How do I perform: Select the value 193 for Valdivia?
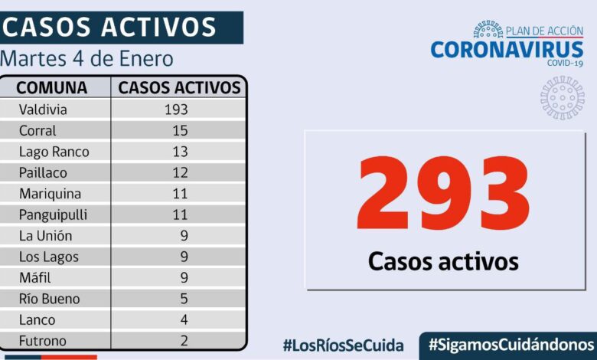pos(176,110)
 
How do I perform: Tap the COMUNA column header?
pos(52,87)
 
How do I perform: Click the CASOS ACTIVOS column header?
pos(179,87)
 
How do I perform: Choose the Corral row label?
pos(38,131)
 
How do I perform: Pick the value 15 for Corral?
pos(181,131)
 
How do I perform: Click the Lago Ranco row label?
pos(54,152)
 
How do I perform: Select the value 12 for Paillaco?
pos(181,173)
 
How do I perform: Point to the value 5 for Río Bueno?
pos(184,299)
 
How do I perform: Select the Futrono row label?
pos(42,341)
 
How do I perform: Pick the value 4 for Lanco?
pos(184,320)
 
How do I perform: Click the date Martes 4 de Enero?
pos(86,59)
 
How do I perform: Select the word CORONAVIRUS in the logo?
pos(507,50)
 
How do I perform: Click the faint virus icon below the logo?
pos(562,97)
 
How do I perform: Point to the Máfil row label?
pos(35,278)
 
